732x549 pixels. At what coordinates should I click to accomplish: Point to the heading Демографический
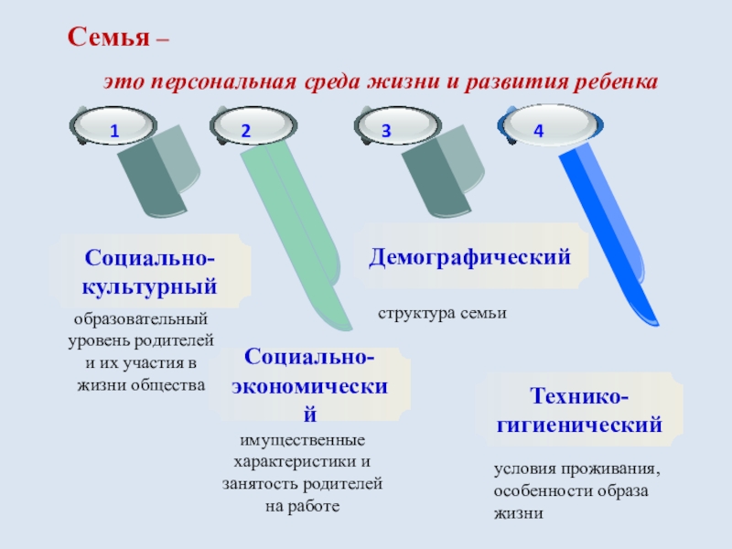[470, 257]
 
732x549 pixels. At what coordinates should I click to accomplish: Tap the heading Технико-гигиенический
[579, 412]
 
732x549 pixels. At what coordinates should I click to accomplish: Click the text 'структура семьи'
[442, 314]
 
